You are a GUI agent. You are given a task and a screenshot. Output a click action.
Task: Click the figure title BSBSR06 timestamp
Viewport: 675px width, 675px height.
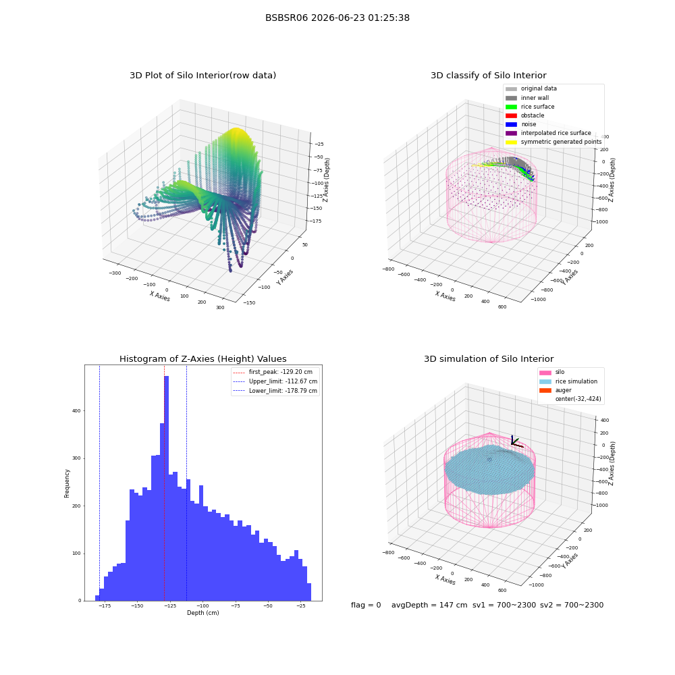click(x=337, y=18)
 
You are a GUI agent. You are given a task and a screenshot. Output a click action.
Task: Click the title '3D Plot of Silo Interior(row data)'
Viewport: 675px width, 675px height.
click(x=202, y=76)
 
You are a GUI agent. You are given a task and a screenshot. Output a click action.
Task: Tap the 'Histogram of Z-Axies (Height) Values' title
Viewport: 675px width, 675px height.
click(x=202, y=358)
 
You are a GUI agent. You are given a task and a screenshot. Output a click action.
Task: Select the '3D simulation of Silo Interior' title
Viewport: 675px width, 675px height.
click(x=489, y=358)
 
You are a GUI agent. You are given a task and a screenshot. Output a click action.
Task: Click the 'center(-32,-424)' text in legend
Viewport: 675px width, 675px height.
click(x=578, y=399)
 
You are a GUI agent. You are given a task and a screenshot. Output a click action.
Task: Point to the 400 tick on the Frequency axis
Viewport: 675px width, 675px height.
click(x=76, y=410)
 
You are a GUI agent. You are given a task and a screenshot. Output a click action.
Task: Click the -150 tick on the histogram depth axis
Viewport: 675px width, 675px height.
click(x=137, y=605)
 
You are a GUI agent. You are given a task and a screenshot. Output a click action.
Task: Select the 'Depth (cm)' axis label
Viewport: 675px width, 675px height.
click(x=202, y=613)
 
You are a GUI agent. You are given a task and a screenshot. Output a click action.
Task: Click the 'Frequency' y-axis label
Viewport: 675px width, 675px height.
click(x=67, y=483)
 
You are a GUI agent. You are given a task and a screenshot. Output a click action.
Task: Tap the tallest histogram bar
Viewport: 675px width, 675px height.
click(x=167, y=488)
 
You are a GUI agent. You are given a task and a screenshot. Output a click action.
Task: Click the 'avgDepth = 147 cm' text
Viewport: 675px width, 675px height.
click(x=429, y=605)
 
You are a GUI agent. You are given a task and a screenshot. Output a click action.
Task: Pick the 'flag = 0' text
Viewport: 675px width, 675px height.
click(x=366, y=605)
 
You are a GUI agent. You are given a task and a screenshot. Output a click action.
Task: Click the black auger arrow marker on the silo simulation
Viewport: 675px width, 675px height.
click(x=515, y=441)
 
